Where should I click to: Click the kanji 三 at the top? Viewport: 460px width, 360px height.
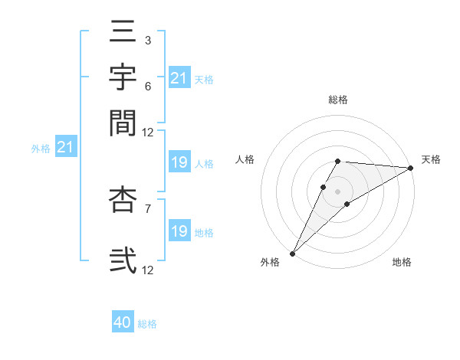tap(123, 35)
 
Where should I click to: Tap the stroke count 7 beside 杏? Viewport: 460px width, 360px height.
tap(148, 207)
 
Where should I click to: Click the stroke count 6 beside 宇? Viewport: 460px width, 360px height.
tap(148, 88)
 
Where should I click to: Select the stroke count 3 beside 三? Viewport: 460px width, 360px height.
tap(148, 40)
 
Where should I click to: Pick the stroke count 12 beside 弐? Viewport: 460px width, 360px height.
tap(148, 270)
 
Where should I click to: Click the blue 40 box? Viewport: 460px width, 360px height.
tap(123, 322)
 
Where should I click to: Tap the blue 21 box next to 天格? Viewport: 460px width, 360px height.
tap(179, 78)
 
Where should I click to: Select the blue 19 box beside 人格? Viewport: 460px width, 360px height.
tap(179, 162)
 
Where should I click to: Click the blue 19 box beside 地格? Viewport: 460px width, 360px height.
tap(179, 231)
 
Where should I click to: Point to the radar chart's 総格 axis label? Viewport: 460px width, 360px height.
tap(337, 100)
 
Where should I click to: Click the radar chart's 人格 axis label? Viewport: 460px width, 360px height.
tap(245, 159)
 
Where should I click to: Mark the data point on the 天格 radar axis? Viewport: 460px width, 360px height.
tap(410, 169)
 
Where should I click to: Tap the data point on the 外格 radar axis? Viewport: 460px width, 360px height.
tap(292, 253)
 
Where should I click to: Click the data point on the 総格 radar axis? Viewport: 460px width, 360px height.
tap(337, 161)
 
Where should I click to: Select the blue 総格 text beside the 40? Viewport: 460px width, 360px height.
tap(147, 324)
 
